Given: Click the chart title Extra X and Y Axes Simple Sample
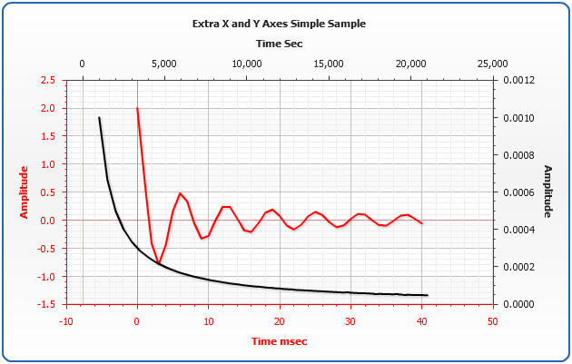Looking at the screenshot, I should click(279, 24).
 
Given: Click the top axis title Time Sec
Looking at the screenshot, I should click(279, 43).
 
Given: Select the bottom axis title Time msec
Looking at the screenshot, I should click(279, 340).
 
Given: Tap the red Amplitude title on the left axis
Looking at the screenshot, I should click(25, 192).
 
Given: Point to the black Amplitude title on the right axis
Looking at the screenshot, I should click(547, 192).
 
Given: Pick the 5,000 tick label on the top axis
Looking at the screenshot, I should click(163, 64).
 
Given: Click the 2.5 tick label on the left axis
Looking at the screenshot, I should click(48, 80).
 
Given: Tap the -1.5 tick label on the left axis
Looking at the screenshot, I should click(46, 304).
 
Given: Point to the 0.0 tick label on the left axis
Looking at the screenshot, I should click(48, 221).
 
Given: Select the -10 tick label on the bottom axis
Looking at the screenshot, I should click(65, 320).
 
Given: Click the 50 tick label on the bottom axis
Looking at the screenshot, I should click(492, 320).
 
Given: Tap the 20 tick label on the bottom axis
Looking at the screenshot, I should click(279, 320).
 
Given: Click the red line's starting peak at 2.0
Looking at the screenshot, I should click(137, 109).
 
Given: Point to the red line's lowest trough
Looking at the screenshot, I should click(158, 263).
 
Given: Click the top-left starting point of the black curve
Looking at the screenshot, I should click(99, 118).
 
